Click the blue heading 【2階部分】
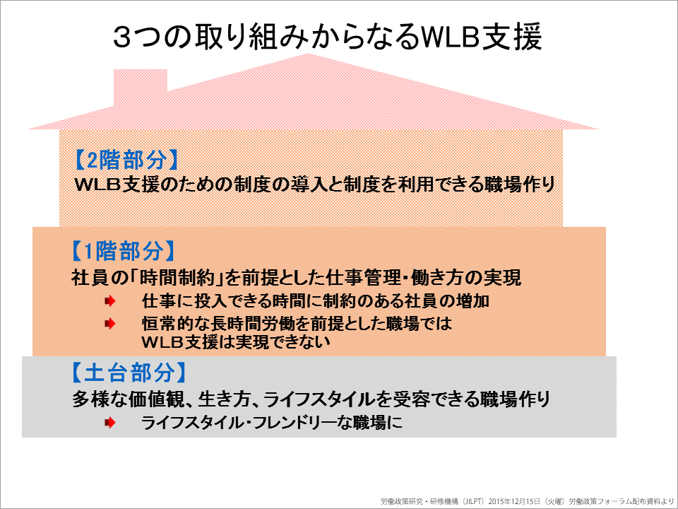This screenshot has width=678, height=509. (126, 160)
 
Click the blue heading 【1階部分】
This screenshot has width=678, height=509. (122, 251)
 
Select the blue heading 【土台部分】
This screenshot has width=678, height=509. (129, 373)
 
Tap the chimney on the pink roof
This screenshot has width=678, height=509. (140, 86)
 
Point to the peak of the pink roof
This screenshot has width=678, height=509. (308, 54)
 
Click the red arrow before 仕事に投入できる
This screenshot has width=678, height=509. (110, 300)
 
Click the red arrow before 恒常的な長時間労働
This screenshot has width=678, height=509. (110, 323)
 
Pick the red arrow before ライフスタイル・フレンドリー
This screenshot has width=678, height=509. (110, 423)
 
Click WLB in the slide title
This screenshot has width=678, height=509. (452, 37)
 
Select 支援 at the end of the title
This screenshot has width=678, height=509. (513, 37)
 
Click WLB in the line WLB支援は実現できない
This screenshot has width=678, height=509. (162, 342)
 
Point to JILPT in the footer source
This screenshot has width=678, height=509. (473, 501)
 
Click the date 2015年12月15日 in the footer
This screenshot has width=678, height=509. (515, 501)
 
